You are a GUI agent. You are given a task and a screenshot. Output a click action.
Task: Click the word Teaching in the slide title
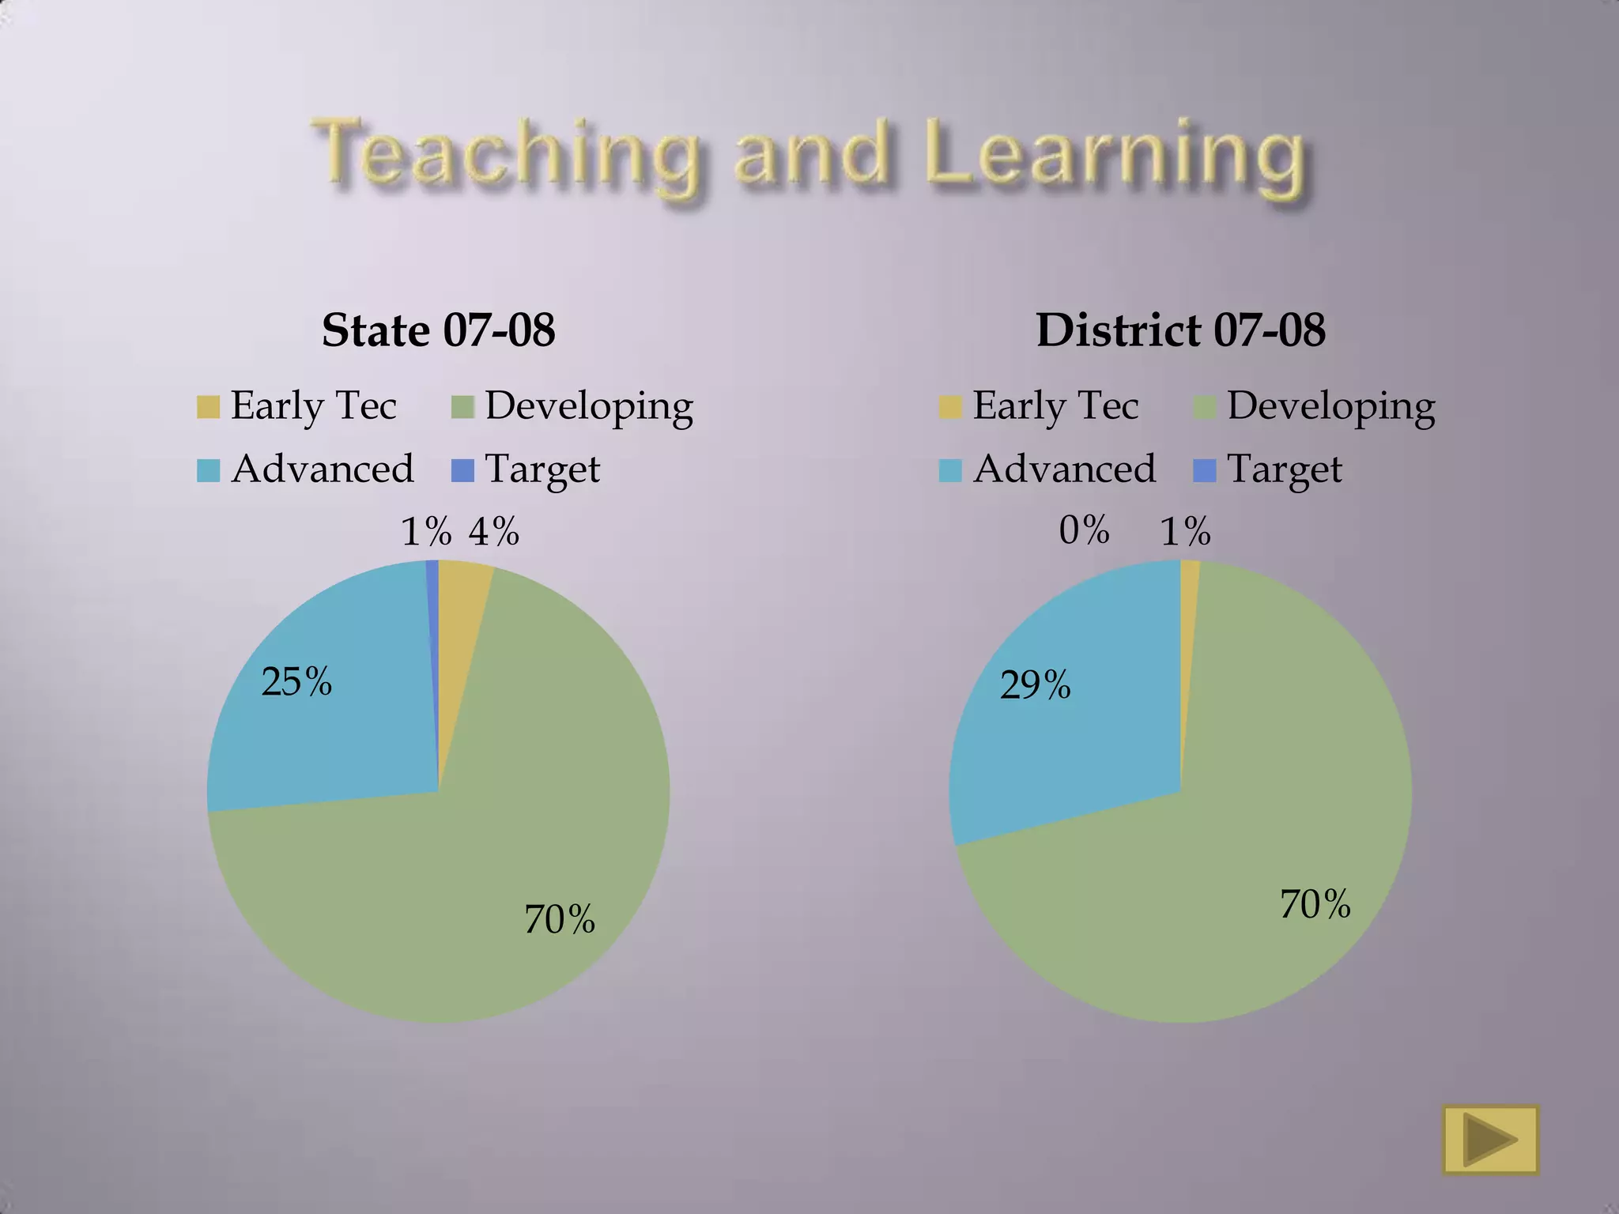pyautogui.click(x=506, y=154)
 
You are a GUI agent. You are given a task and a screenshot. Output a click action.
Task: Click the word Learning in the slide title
pyautogui.click(x=1115, y=154)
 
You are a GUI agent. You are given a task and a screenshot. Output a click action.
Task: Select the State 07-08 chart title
pyautogui.click(x=439, y=330)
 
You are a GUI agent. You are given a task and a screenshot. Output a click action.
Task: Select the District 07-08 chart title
pyautogui.click(x=1181, y=330)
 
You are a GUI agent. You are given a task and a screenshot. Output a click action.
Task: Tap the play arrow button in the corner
pyautogui.click(x=1490, y=1140)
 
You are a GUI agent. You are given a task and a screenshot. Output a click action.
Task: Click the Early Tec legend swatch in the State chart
pyautogui.click(x=208, y=407)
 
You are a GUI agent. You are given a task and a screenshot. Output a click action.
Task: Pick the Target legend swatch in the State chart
pyautogui.click(x=462, y=471)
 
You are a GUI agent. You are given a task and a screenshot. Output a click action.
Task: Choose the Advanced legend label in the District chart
pyautogui.click(x=1064, y=469)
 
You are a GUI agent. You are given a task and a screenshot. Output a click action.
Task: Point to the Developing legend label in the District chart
pyautogui.click(x=1331, y=406)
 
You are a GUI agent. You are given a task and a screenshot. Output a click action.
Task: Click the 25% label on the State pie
pyautogui.click(x=296, y=681)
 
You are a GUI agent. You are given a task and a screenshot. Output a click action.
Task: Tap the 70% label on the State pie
pyautogui.click(x=560, y=919)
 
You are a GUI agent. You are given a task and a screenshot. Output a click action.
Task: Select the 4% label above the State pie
pyautogui.click(x=494, y=531)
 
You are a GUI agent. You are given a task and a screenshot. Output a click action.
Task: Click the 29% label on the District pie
pyautogui.click(x=1036, y=684)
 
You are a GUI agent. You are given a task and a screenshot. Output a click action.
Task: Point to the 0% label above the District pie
pyautogui.click(x=1084, y=530)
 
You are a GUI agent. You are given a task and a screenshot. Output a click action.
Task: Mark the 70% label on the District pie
pyautogui.click(x=1315, y=903)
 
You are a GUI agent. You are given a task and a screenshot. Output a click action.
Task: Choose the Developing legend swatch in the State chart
pyautogui.click(x=462, y=407)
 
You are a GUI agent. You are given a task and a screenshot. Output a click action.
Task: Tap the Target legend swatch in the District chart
pyautogui.click(x=1204, y=471)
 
